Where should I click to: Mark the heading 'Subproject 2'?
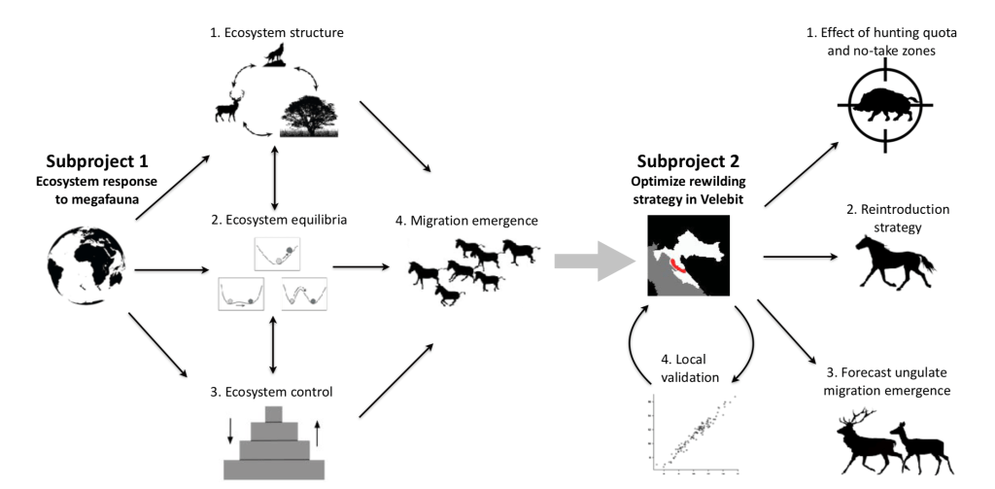(x=691, y=161)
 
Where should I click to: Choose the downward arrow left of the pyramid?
(x=228, y=431)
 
